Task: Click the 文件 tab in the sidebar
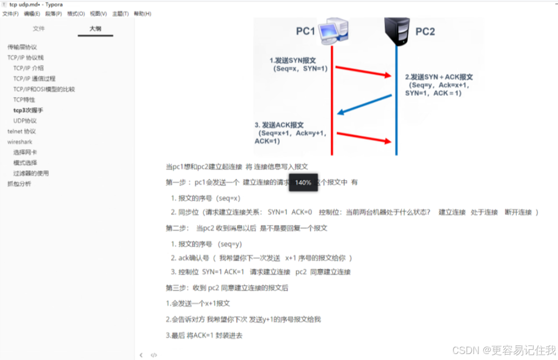[39, 29]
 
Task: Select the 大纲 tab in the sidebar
[95, 29]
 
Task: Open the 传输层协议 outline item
[22, 47]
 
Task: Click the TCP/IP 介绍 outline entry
[28, 68]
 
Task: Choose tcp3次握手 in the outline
[28, 110]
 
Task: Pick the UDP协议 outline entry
[25, 120]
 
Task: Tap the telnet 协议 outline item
[22, 131]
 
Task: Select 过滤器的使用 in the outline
[31, 173]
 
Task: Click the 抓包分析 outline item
[19, 184]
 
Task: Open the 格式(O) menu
[76, 14]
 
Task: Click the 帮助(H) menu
[143, 14]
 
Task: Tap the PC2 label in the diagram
[425, 31]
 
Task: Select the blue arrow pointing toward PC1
[364, 104]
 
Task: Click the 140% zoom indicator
[303, 183]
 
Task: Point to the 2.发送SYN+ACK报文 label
[439, 77]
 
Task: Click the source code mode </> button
[154, 355]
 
